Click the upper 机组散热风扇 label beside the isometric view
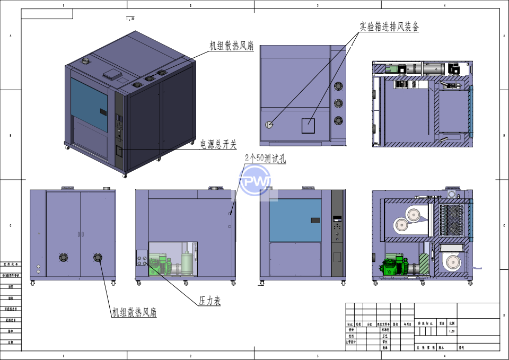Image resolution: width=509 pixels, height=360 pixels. [232, 47]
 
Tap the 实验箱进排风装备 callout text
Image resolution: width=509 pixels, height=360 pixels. [389, 27]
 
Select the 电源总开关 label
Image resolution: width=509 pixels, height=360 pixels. [218, 144]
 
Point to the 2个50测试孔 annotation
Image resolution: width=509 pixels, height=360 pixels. [265, 158]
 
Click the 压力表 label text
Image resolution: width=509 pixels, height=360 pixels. [209, 301]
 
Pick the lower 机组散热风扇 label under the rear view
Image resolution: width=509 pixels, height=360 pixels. [134, 312]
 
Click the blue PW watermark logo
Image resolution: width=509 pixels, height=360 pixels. [255, 181]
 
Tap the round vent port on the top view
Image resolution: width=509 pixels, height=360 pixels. [269, 125]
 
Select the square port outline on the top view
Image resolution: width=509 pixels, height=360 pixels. [308, 126]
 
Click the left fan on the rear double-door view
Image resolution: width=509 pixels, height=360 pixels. [63, 257]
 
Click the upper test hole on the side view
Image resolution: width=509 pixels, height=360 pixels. [229, 213]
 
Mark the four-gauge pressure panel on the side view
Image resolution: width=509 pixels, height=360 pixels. [142, 260]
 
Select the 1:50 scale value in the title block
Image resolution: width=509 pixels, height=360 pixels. [452, 331]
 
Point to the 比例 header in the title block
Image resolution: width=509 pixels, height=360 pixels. [452, 322]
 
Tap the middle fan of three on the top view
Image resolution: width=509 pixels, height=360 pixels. [338, 103]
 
